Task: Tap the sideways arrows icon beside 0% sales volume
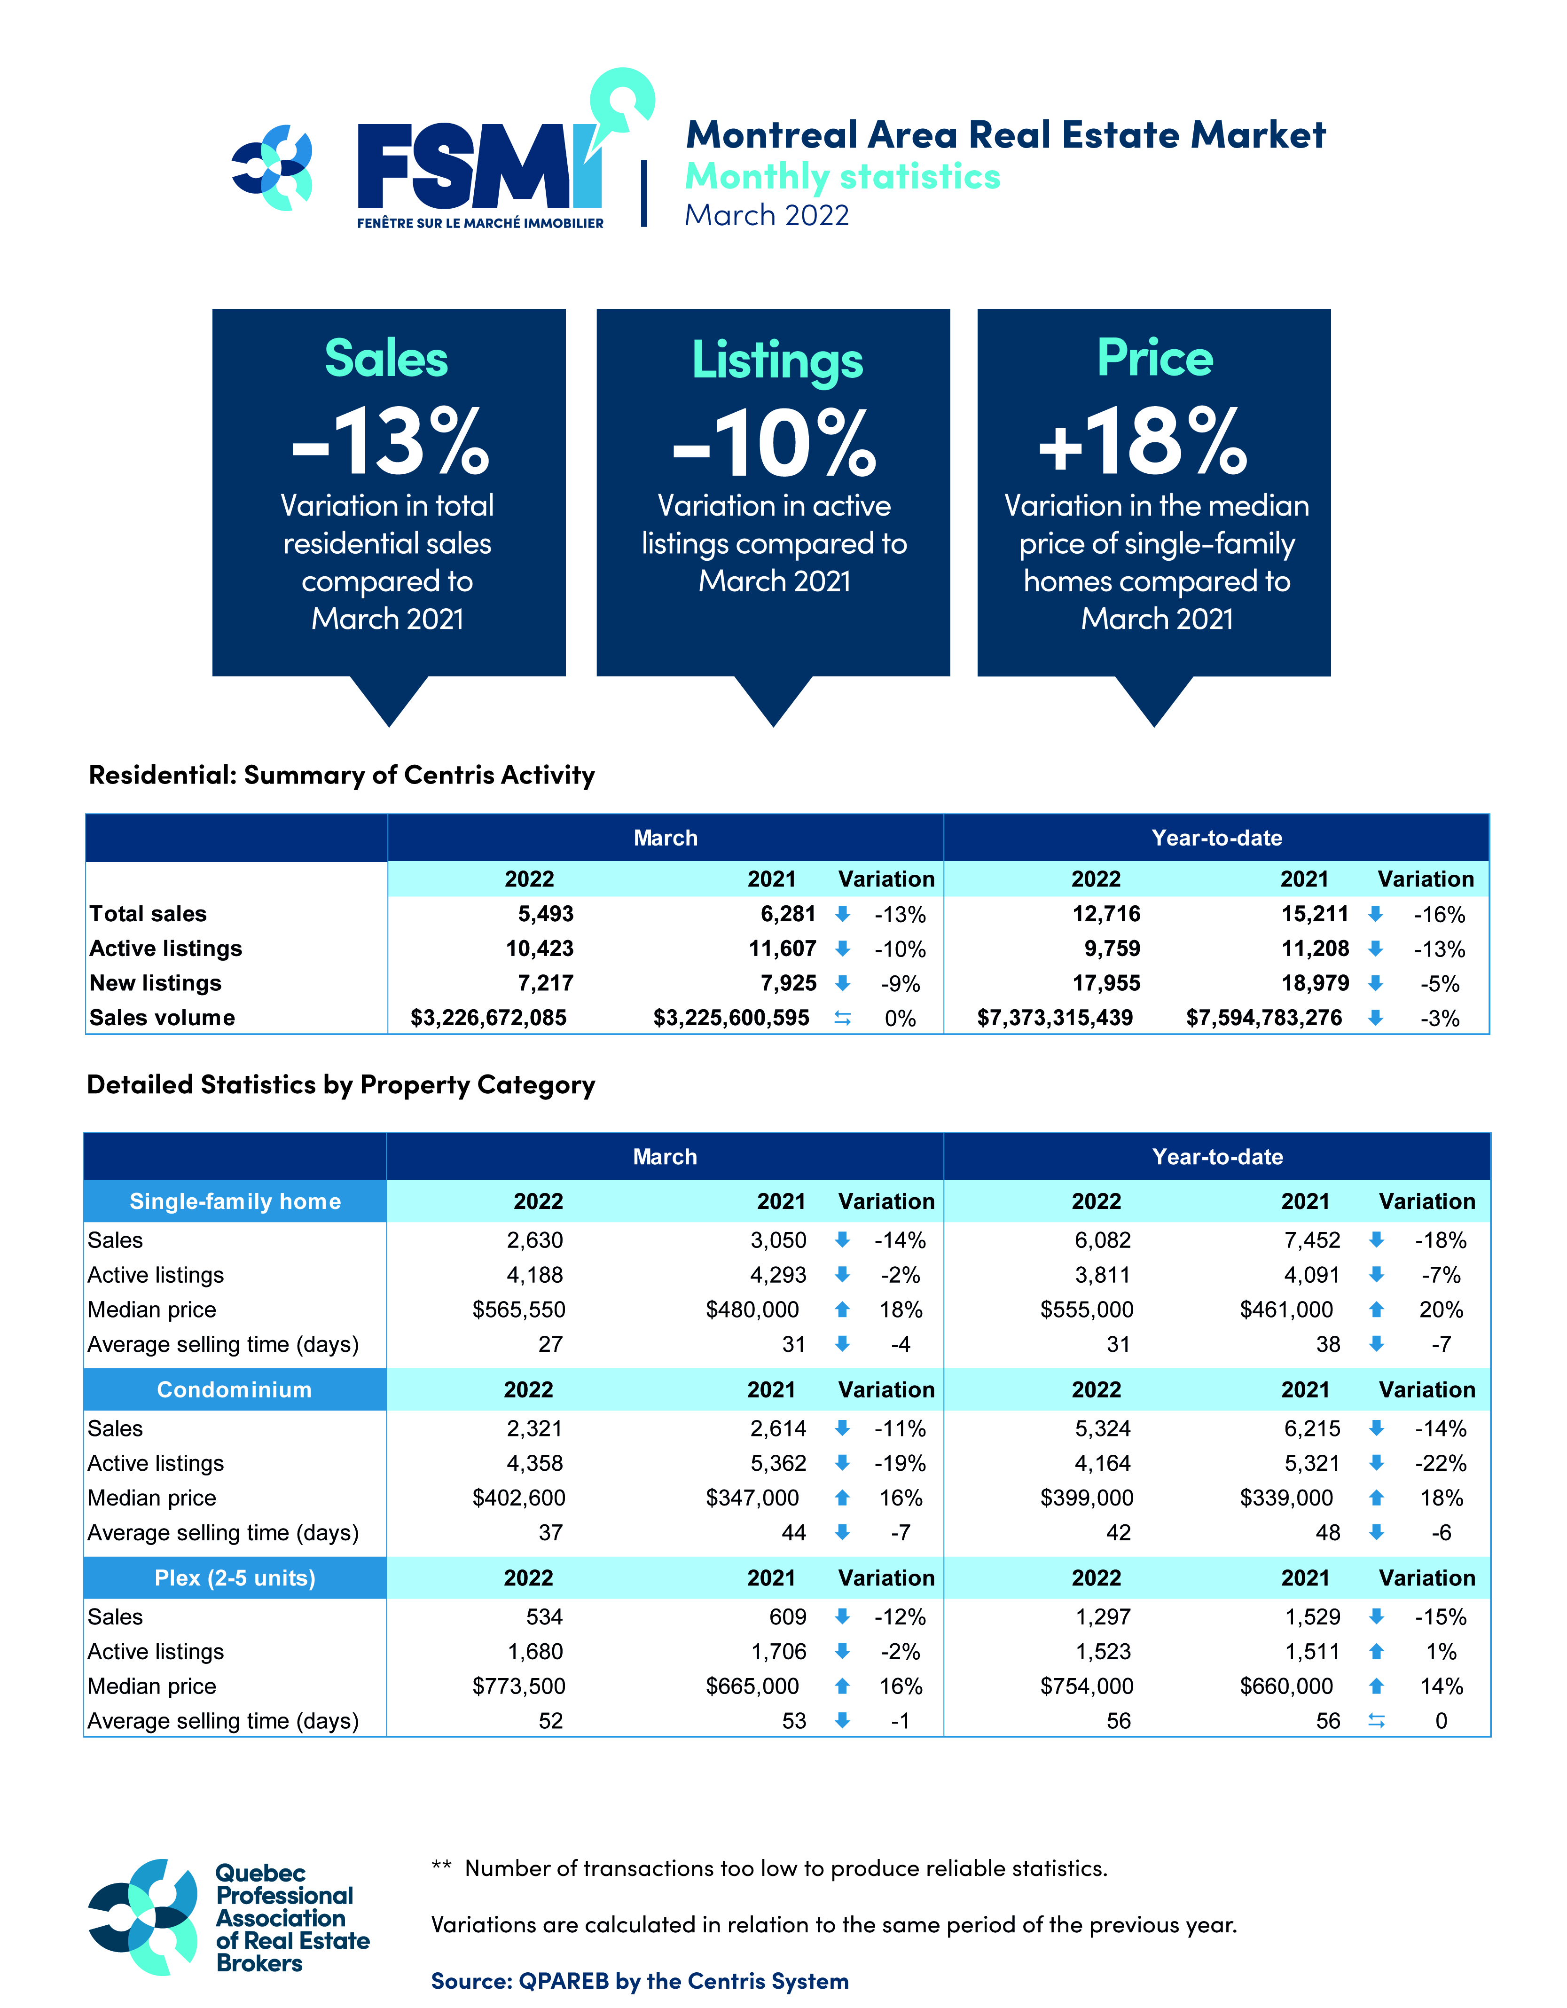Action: (842, 1018)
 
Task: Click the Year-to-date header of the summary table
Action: (1217, 838)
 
